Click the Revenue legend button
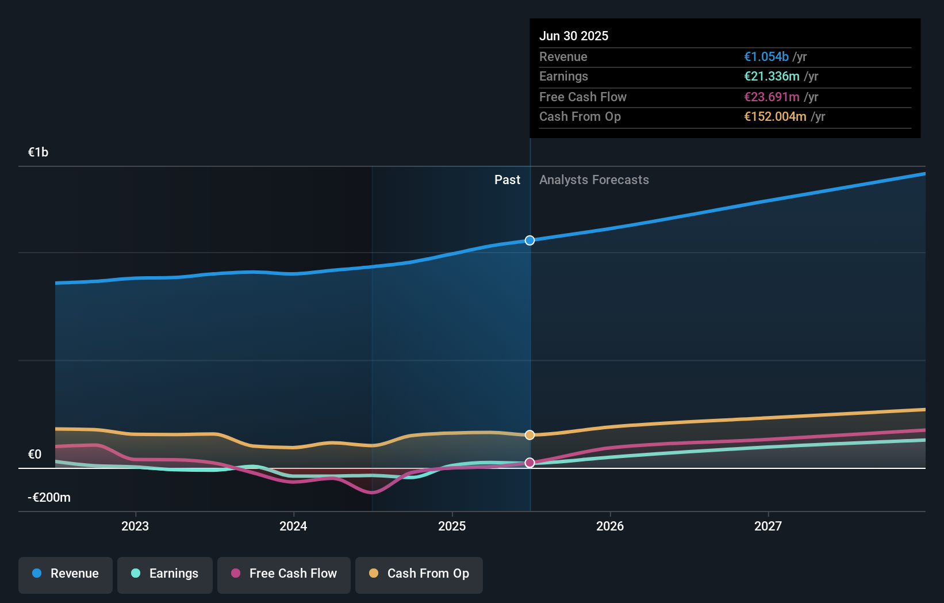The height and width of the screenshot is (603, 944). (x=66, y=574)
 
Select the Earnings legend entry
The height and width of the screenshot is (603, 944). (x=165, y=574)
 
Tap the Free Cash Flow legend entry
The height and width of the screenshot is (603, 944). (x=284, y=574)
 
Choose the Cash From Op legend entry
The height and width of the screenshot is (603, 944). (x=419, y=574)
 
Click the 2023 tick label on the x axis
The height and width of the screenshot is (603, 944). (x=135, y=526)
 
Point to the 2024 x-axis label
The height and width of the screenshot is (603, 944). (x=293, y=526)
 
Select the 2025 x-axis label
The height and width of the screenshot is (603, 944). (x=452, y=526)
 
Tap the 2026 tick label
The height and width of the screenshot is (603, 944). (x=610, y=526)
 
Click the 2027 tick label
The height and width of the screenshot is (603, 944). (x=768, y=526)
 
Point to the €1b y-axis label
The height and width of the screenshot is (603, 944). (x=38, y=152)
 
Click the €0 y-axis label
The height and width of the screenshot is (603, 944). (x=34, y=455)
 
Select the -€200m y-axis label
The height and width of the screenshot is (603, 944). (x=49, y=498)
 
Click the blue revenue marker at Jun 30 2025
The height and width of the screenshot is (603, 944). (x=530, y=241)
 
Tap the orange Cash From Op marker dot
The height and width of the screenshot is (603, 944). (x=530, y=435)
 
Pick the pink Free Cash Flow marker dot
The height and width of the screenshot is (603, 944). (x=530, y=463)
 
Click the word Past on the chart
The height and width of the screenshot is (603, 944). (x=507, y=180)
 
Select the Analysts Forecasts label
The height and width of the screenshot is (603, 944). (x=594, y=180)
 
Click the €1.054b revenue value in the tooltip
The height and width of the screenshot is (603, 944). (x=766, y=57)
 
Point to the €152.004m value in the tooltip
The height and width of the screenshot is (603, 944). (x=774, y=117)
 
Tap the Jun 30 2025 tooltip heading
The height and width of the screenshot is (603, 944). (x=574, y=36)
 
